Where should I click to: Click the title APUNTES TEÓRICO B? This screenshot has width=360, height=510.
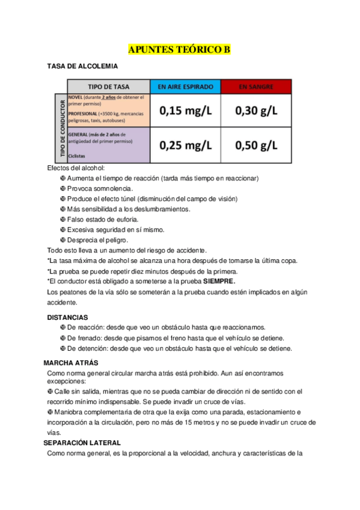coord(180,50)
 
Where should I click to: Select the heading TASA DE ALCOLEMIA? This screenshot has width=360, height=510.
coord(82,66)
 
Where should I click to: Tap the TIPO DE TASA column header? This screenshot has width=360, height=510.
coord(108,87)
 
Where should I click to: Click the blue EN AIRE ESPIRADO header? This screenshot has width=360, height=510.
coord(185,87)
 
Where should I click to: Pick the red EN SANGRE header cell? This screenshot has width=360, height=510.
coord(256,87)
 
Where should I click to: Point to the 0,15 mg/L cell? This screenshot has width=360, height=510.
coord(185,110)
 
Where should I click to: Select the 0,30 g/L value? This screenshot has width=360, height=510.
coord(256,110)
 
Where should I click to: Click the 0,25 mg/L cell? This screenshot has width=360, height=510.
coord(185,145)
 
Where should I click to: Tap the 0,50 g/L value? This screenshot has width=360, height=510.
coord(256,145)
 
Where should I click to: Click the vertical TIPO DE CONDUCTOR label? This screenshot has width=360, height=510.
coord(60,128)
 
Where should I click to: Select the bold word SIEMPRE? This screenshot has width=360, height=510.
coord(219,281)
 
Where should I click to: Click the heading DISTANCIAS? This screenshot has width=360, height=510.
coord(67,317)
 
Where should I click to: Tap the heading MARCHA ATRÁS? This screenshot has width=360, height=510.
coord(71,363)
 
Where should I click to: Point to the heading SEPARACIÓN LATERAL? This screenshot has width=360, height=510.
coord(82,443)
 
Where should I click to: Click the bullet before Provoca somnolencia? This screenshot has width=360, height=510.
coord(63,189)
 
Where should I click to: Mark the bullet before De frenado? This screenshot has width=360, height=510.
coord(63,338)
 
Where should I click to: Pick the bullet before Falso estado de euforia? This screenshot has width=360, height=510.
coord(63,220)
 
